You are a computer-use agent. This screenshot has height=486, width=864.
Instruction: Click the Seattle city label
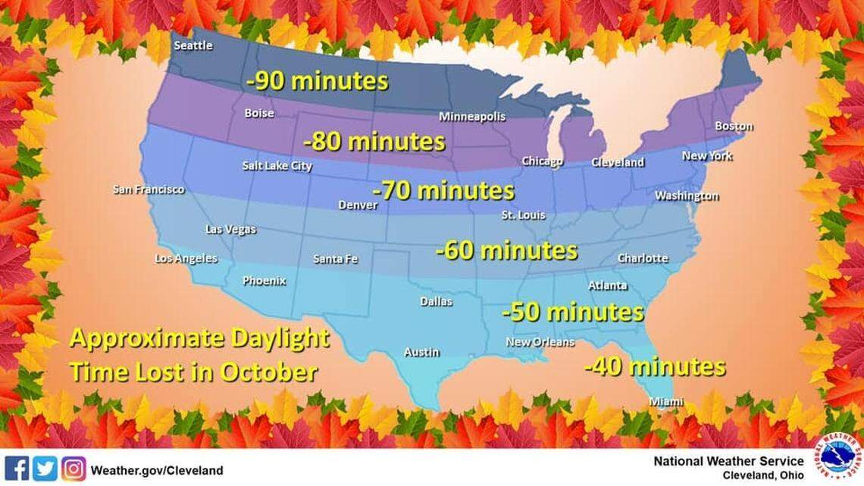coord(193,45)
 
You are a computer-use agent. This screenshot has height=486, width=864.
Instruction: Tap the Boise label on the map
coord(259,114)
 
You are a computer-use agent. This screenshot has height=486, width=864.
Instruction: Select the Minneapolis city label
coord(472,117)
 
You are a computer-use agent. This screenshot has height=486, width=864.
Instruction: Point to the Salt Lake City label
coord(277,165)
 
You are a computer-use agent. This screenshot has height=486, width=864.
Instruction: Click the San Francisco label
coord(149,190)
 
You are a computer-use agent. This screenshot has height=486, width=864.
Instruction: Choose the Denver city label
coord(358,205)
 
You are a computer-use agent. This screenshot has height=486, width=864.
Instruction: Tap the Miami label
coord(666,402)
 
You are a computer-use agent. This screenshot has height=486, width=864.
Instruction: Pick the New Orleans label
coord(540,342)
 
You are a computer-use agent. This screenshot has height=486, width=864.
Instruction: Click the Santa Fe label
coord(335,259)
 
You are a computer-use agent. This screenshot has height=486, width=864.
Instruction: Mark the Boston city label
coord(734,126)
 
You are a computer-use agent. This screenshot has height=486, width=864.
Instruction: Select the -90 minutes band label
coord(317,82)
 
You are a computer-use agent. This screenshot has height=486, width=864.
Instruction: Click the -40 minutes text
coord(654,367)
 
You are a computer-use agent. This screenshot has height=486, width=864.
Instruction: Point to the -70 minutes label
coord(443,190)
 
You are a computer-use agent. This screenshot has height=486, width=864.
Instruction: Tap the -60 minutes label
coord(506,250)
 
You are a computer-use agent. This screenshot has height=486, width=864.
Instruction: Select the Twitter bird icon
coord(45,469)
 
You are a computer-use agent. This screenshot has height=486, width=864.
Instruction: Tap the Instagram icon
coord(74,469)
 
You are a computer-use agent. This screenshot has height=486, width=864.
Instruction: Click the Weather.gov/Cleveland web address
coord(157,471)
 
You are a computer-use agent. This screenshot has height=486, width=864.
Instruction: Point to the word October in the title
coord(269,372)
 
